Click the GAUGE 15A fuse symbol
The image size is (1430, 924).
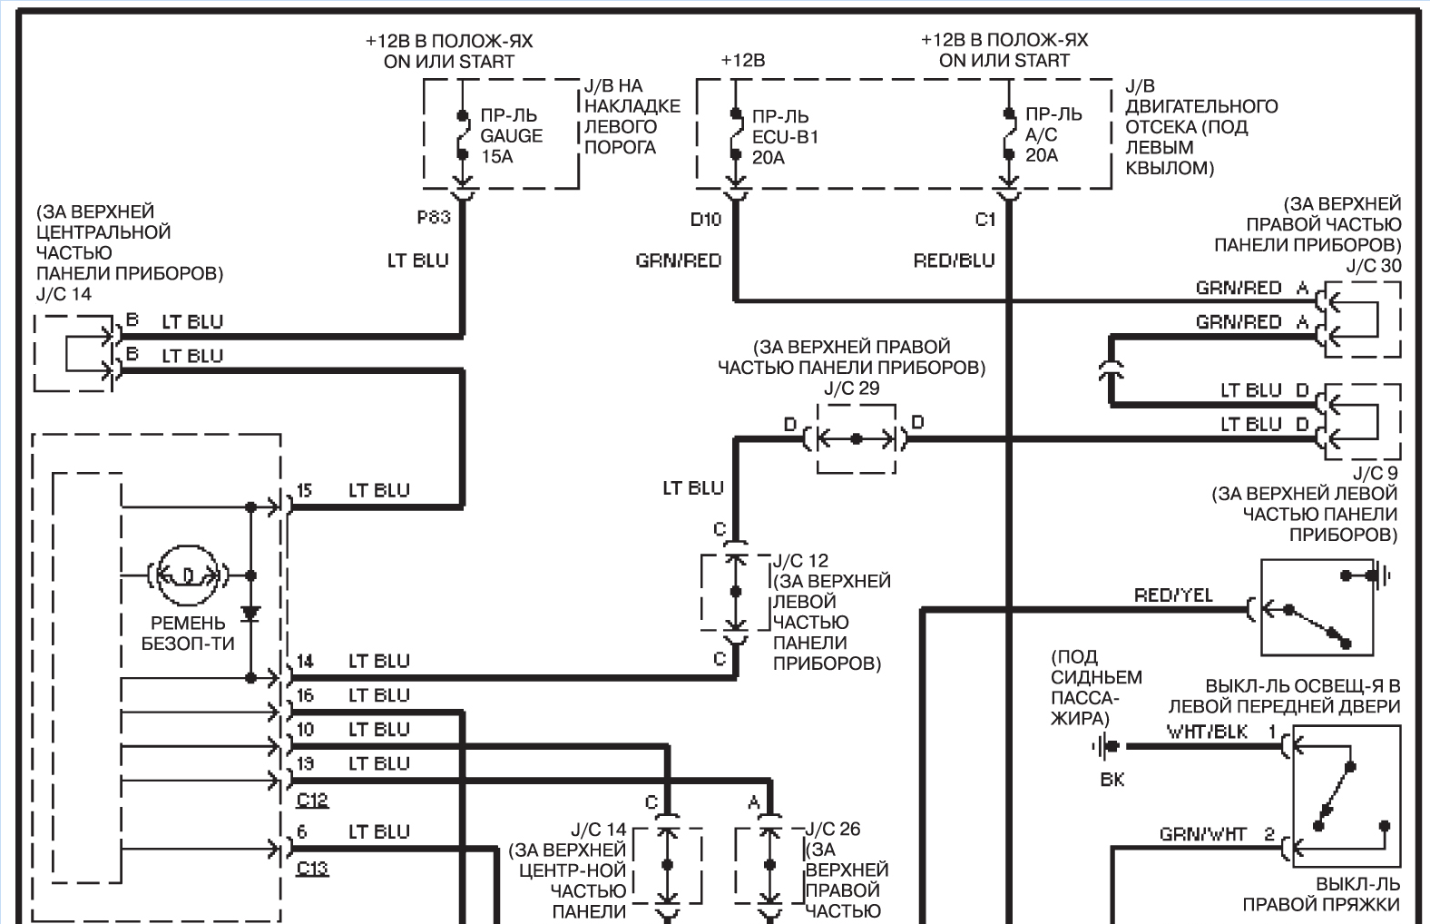point(462,134)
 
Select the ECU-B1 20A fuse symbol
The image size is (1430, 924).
point(736,134)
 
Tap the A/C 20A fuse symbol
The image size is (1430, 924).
point(1009,134)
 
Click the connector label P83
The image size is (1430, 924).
point(434,218)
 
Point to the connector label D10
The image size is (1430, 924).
point(705,220)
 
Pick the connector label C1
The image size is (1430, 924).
point(985,220)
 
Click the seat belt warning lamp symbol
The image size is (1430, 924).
point(188,575)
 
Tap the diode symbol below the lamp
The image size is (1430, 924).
point(250,614)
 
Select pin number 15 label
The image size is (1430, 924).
point(305,490)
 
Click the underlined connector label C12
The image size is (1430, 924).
point(312,800)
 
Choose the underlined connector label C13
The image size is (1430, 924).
point(312,869)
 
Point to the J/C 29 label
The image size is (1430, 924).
point(852,388)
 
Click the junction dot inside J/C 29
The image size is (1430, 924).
point(857,438)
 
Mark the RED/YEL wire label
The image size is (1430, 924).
point(1173,595)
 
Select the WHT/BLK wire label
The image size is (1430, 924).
point(1207,732)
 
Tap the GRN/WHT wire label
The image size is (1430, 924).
point(1202,834)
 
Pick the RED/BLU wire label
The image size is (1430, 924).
point(954,260)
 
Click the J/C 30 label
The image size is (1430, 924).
point(1373,266)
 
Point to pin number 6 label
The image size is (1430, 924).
point(302,831)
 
